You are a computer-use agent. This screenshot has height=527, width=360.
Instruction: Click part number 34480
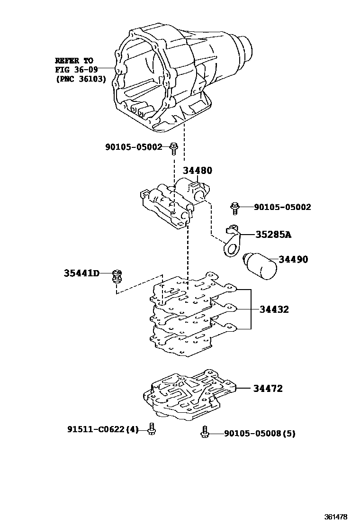[198, 170]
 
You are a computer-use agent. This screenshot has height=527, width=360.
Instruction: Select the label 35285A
[273, 234]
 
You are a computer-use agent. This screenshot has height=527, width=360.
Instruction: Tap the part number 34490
[293, 259]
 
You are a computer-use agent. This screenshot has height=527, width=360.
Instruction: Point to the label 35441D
[81, 273]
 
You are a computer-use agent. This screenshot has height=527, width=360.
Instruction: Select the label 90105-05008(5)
[259, 433]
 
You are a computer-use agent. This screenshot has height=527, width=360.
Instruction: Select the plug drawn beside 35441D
[117, 276]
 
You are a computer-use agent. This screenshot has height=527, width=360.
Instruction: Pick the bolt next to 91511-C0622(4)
[152, 428]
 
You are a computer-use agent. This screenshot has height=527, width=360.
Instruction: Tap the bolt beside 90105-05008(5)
[205, 432]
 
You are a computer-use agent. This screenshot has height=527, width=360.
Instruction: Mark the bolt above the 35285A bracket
[234, 207]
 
